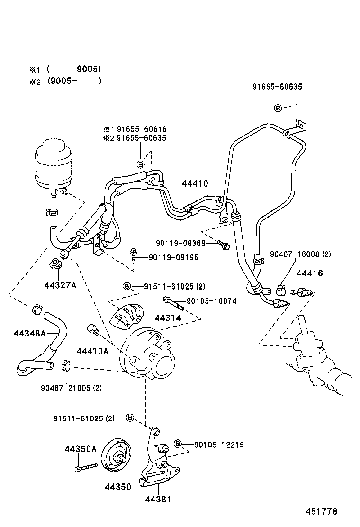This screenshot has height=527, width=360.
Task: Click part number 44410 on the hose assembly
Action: tap(195, 184)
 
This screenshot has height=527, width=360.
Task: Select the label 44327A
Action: tap(60, 285)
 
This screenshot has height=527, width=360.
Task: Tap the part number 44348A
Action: tap(29, 333)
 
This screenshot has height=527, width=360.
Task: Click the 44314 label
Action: tap(167, 318)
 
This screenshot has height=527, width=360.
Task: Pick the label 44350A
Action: tap(81, 449)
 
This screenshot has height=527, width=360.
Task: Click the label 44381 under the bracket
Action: tap(158, 499)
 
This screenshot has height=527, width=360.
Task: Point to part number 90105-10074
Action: tap(211, 301)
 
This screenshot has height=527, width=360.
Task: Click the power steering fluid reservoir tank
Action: tap(51, 164)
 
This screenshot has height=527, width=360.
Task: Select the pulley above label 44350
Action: tap(117, 456)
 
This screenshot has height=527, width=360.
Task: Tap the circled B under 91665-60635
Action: tap(278, 108)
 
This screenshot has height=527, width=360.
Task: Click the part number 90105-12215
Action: tap(219, 445)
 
